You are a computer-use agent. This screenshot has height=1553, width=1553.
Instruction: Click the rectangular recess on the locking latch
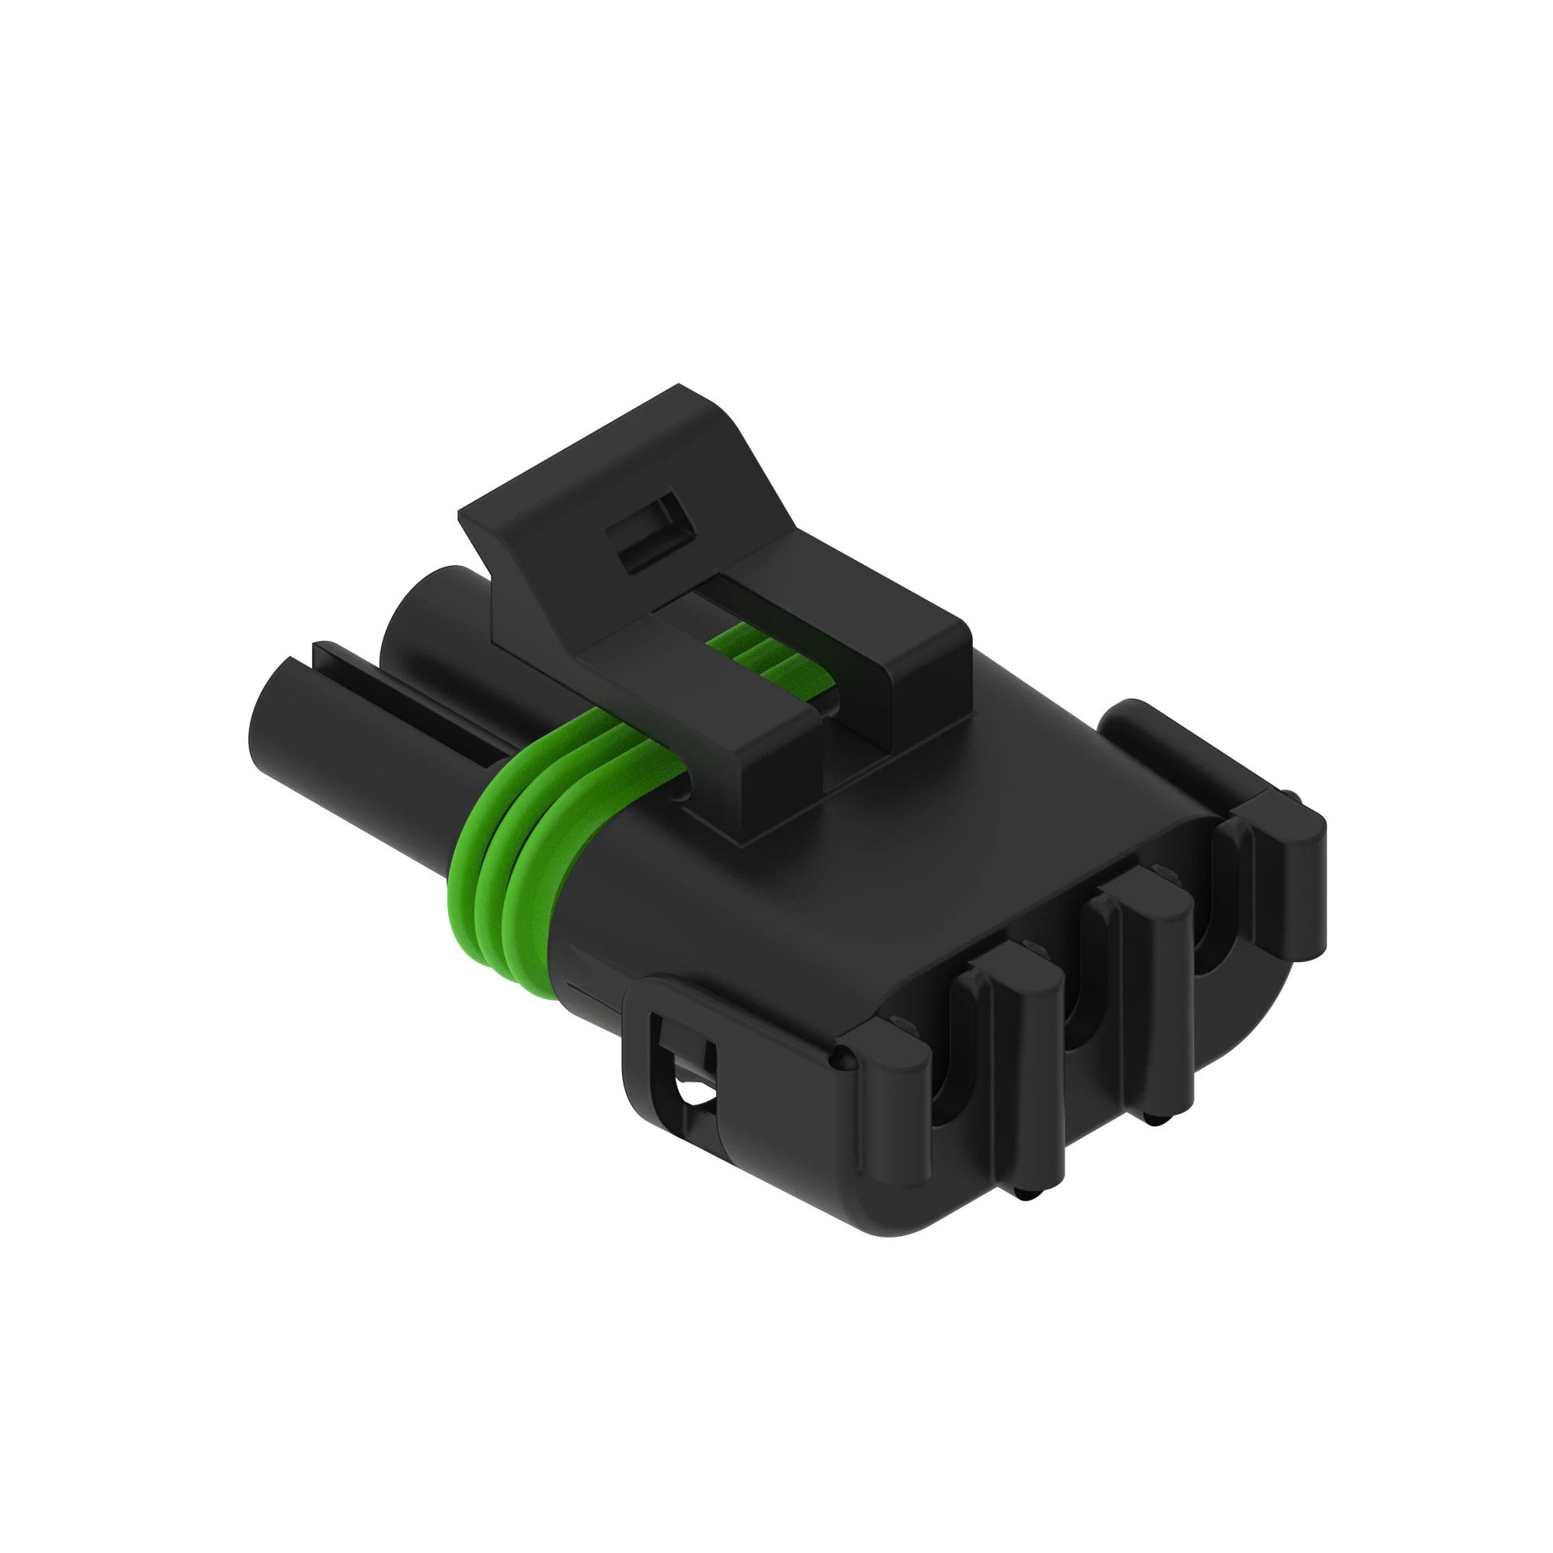pyautogui.click(x=648, y=533)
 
